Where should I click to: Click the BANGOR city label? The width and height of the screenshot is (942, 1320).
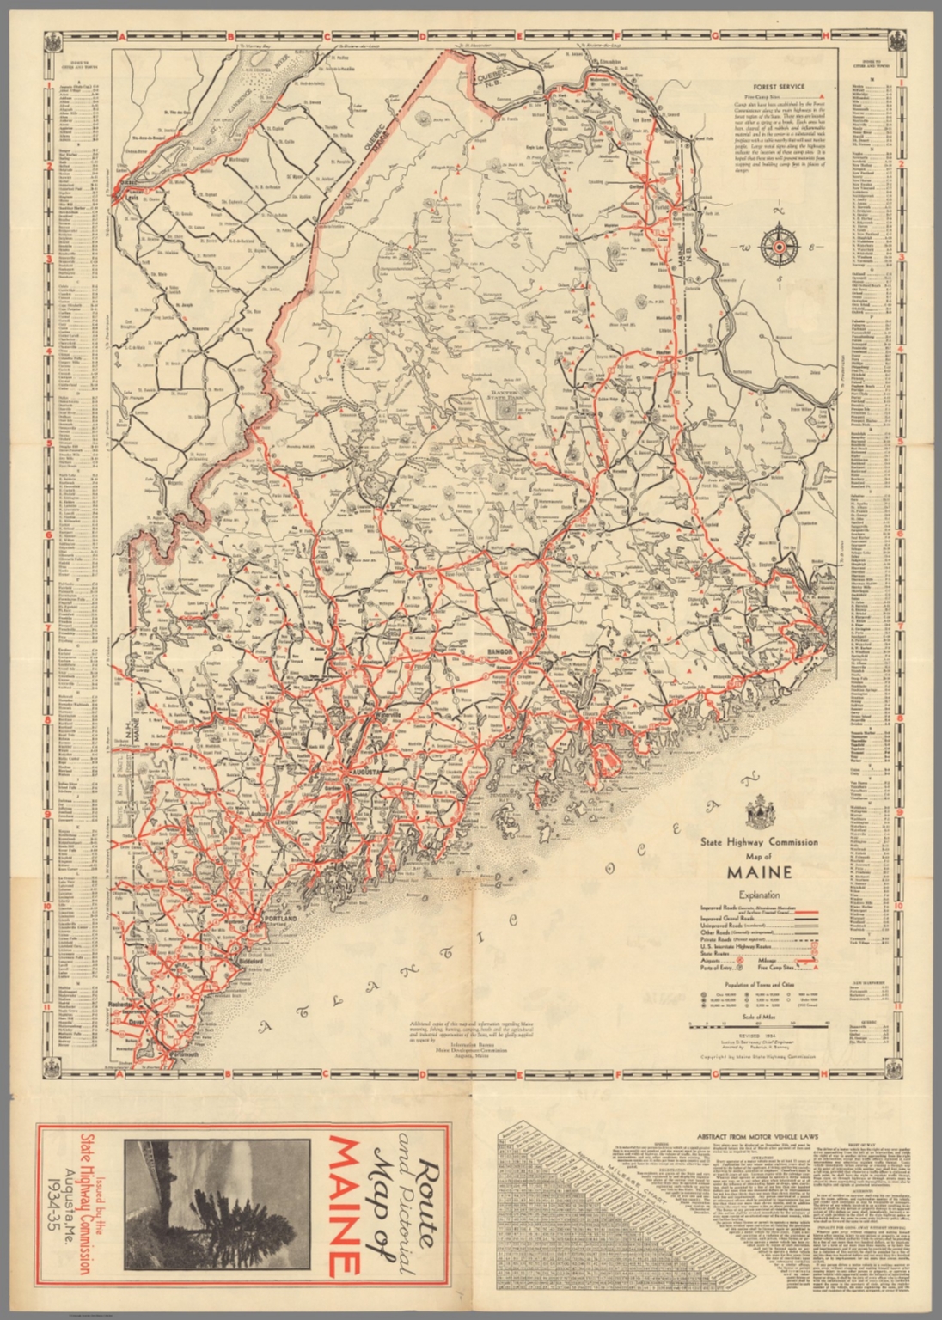(502, 652)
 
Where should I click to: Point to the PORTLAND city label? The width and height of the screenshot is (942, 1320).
(280, 919)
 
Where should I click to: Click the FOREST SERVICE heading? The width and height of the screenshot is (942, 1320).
(778, 87)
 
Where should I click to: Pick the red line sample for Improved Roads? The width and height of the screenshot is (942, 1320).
(809, 908)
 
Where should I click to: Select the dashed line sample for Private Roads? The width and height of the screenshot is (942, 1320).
(809, 940)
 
